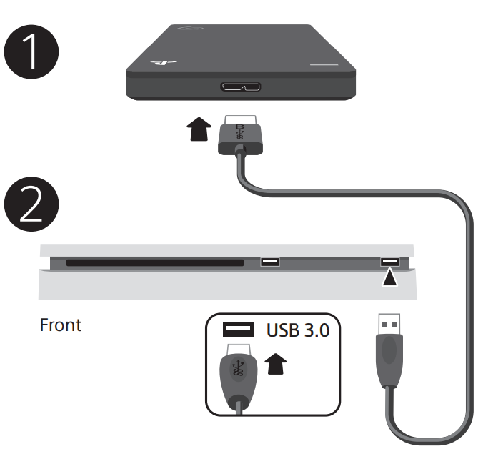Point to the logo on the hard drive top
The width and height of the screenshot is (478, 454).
click(160, 62)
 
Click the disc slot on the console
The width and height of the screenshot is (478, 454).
click(155, 262)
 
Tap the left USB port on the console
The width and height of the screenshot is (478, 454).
click(270, 262)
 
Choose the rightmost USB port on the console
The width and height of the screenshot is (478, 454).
click(389, 262)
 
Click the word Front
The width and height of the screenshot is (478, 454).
click(61, 325)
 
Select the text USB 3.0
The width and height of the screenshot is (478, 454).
click(299, 330)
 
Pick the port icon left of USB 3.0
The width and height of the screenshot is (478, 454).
click(239, 330)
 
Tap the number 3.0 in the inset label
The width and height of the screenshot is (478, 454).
click(317, 330)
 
